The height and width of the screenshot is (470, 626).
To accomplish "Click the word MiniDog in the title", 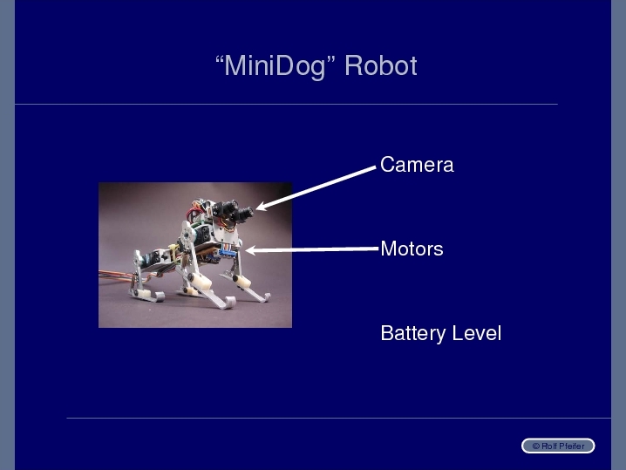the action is point(275,66).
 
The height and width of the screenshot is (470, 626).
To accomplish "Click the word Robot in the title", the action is point(381,65).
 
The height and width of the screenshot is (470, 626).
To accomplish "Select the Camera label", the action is point(417,165).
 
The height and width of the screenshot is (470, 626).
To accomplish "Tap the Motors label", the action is point(412,249).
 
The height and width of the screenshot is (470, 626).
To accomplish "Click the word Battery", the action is point(412,334).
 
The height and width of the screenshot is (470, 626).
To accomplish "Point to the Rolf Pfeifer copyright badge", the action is point(558,446).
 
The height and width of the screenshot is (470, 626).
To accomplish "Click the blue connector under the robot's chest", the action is point(226,252).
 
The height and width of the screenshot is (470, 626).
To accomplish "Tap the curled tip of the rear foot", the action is point(160,296).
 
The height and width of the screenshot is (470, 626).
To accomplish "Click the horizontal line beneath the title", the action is point(286,105).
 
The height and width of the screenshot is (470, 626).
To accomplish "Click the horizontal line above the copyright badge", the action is point(338,418).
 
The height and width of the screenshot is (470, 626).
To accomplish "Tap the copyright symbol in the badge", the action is point(536,446).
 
